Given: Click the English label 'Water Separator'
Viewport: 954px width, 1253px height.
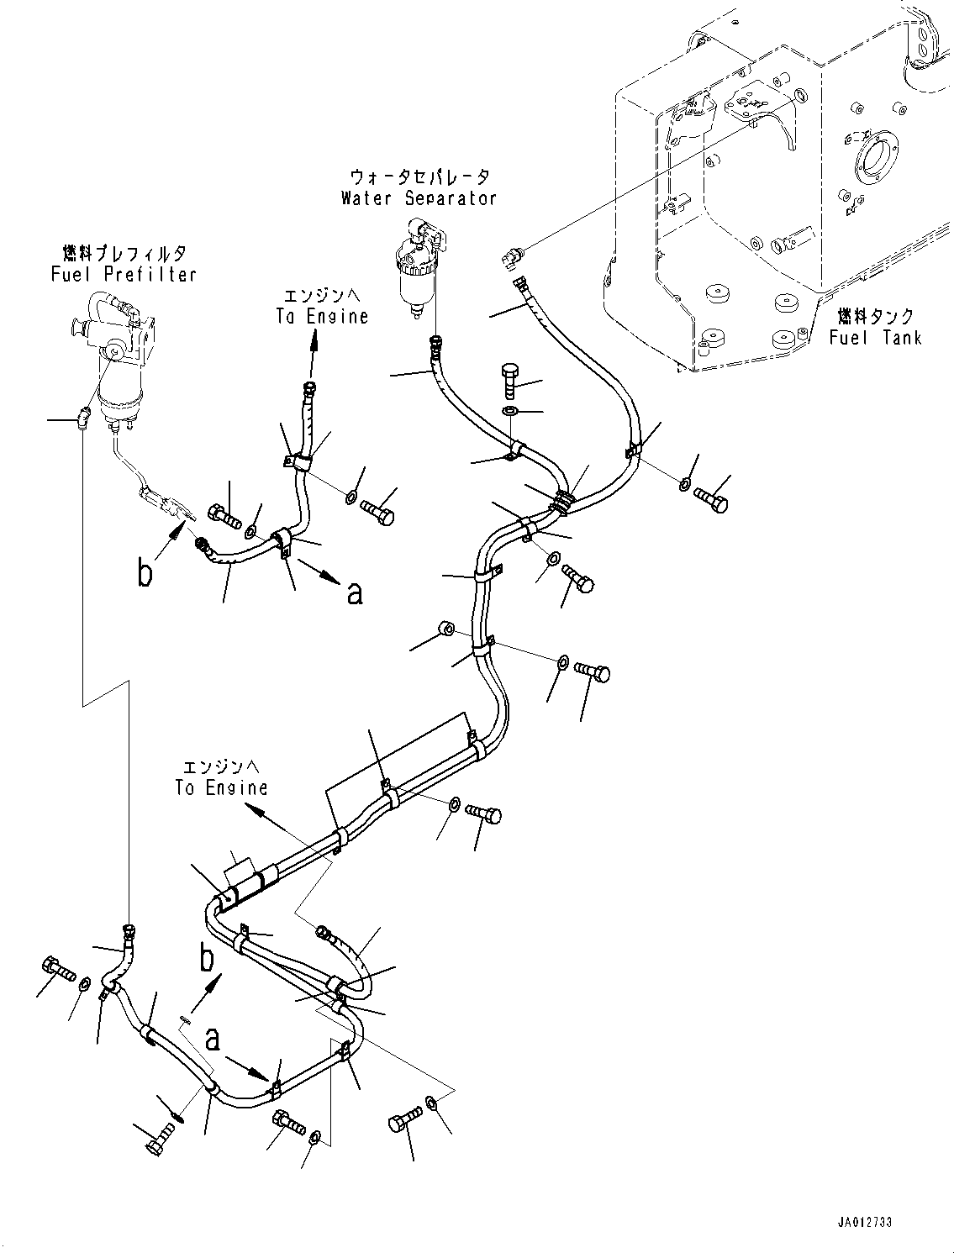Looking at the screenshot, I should (419, 198).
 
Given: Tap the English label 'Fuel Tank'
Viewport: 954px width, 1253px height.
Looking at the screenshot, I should (875, 337).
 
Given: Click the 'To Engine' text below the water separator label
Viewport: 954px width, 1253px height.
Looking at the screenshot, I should (322, 316).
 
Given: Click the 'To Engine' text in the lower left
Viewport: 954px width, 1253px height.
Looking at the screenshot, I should (221, 787).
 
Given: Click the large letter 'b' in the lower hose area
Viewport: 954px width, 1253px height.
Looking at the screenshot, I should (207, 957).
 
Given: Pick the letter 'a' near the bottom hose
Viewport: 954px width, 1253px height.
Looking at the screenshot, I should (213, 1039).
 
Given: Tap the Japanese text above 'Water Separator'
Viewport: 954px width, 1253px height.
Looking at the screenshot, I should (419, 176).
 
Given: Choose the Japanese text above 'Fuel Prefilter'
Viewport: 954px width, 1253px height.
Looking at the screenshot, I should (124, 252).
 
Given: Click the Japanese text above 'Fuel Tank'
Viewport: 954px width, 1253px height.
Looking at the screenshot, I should (875, 317).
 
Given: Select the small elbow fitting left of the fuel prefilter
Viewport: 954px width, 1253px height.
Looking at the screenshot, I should (82, 416).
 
